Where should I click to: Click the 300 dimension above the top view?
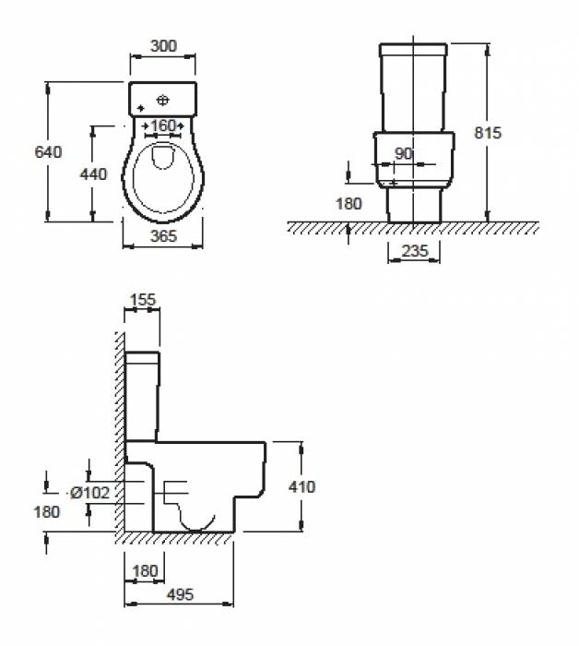(163, 46)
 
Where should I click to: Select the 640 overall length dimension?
(48, 152)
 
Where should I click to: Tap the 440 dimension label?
(93, 174)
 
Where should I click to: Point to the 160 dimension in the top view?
(163, 126)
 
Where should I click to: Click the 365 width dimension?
(163, 236)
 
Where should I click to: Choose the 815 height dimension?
(488, 133)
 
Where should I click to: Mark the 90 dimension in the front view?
(403, 154)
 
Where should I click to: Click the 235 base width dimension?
(415, 250)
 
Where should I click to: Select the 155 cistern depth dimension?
(143, 300)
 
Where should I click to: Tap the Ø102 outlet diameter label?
(90, 492)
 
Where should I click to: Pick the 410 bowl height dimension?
(302, 487)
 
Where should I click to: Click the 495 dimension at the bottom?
(180, 594)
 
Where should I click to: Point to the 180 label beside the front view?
(349, 204)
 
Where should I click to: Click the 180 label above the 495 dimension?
(145, 571)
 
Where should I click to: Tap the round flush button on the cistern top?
(163, 100)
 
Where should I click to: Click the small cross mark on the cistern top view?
(141, 108)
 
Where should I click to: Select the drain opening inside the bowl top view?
(163, 157)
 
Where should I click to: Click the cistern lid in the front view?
(413, 50)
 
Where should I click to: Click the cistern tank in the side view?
(142, 397)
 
